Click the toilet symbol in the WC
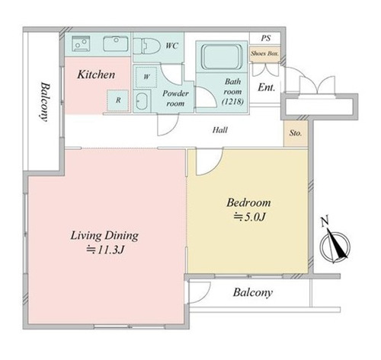click(146, 46)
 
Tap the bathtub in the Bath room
click(222, 56)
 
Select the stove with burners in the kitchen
click(81, 43)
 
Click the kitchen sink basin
click(116, 43)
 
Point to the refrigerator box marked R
click(118, 100)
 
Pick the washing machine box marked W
click(146, 77)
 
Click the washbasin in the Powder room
click(142, 101)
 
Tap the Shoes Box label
click(264, 53)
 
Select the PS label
click(266, 38)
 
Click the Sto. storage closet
click(296, 133)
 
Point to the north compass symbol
click(335, 245)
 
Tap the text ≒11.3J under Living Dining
click(105, 250)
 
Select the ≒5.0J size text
click(249, 217)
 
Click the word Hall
click(220, 130)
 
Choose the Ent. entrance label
click(267, 88)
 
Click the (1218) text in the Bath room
click(232, 102)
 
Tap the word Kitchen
click(96, 75)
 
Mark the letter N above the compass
click(325, 221)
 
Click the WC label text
click(172, 46)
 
